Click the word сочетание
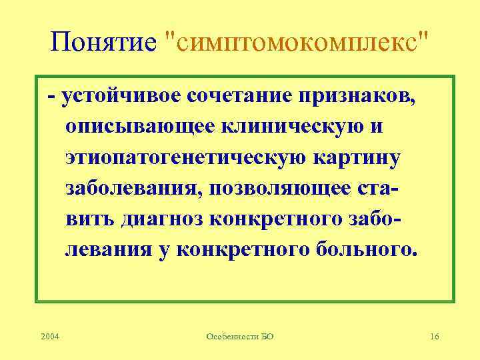pyautogui.click(x=237, y=97)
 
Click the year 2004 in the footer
pyautogui.click(x=49, y=337)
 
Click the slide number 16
pyautogui.click(x=434, y=337)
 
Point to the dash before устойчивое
pyautogui.click(x=51, y=97)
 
